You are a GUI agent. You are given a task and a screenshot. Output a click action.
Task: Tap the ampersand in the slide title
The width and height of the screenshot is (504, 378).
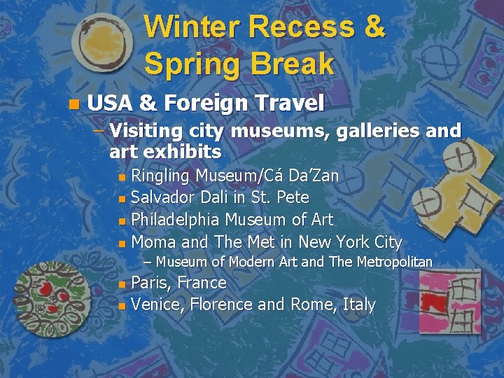tap(372, 27)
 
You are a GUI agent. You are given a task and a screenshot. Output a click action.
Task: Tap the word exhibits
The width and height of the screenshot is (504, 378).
tap(181, 151)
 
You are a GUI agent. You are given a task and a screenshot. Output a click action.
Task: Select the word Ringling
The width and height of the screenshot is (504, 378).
tap(162, 176)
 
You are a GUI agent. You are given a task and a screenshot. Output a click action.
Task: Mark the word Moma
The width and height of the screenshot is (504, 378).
tap(153, 242)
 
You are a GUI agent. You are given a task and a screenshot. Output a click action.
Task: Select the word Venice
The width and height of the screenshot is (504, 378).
tap(156, 305)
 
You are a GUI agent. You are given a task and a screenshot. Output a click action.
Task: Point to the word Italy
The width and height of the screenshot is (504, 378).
tap(359, 305)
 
